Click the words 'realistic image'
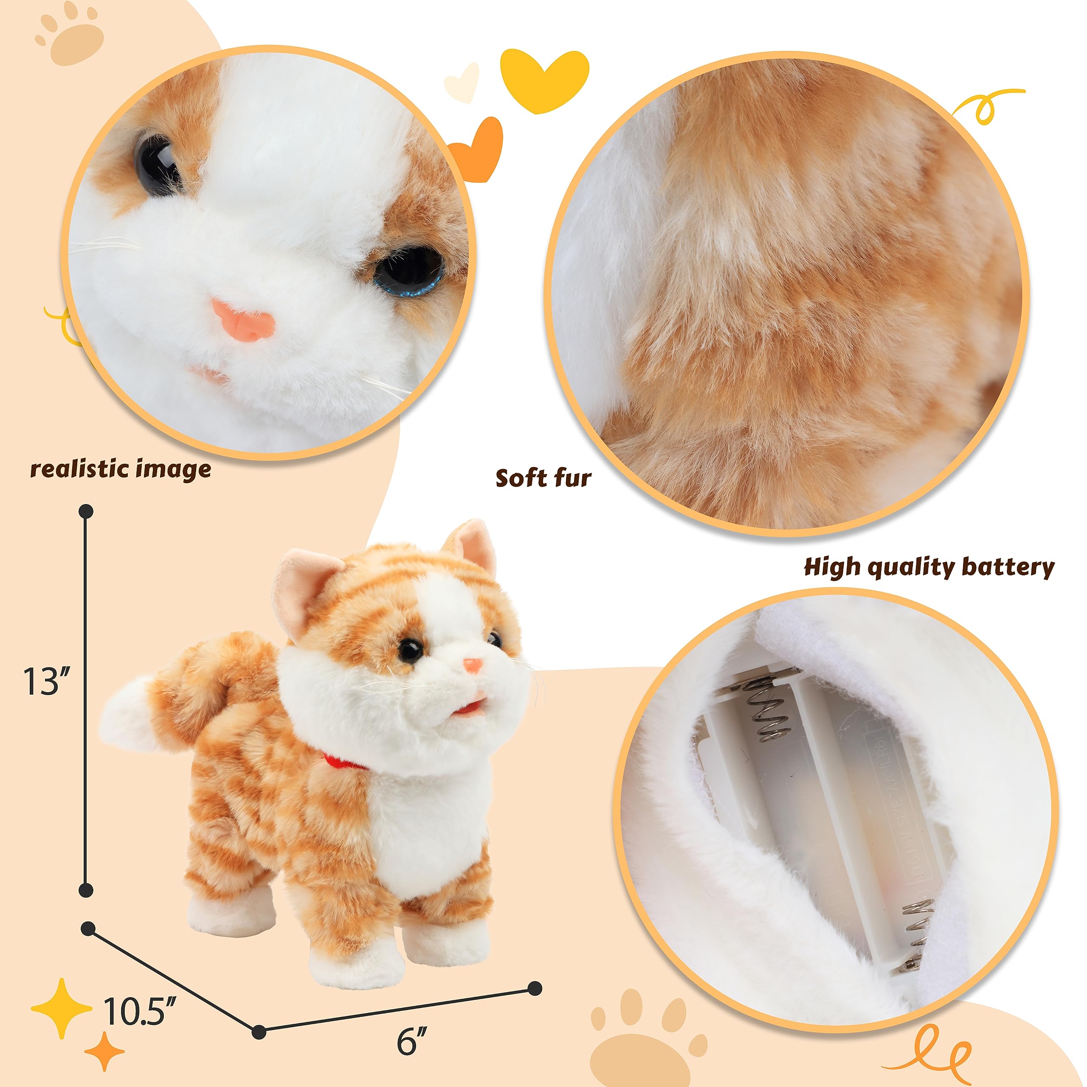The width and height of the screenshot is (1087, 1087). click(x=121, y=469)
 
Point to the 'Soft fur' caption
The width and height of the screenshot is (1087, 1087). click(x=543, y=478)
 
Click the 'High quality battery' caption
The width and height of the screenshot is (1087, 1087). click(x=929, y=567)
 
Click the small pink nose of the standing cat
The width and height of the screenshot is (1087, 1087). click(x=473, y=666)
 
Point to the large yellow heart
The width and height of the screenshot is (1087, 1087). click(x=543, y=79)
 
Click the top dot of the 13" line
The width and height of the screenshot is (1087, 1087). click(x=86, y=511)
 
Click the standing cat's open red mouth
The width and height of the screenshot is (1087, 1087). click(x=471, y=705)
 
